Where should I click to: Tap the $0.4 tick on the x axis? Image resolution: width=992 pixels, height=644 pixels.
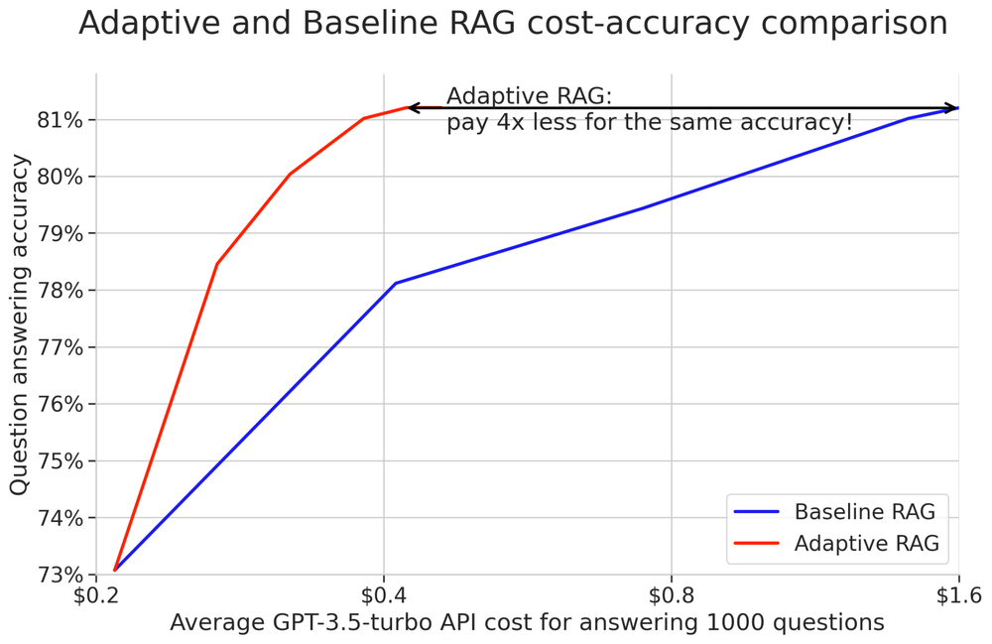(383, 596)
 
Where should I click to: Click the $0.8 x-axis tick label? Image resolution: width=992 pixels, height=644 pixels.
(672, 596)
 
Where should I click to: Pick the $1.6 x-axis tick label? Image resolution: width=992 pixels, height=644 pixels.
(958, 596)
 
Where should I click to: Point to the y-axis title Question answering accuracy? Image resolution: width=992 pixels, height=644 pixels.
(19, 324)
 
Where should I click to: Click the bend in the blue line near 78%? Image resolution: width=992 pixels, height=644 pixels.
(395, 284)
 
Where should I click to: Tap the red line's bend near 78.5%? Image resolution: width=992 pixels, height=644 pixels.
(216, 264)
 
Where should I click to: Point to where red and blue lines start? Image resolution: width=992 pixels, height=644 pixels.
(115, 570)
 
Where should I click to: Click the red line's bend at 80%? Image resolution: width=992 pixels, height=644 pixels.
(289, 175)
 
